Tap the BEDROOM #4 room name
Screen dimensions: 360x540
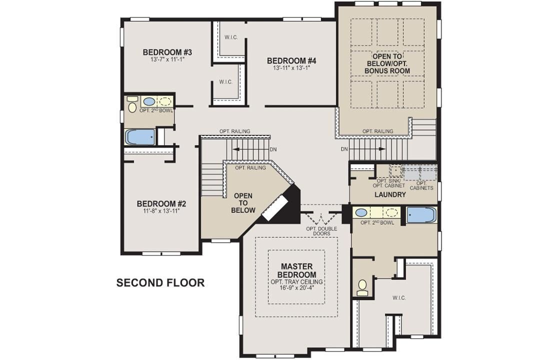(291, 61)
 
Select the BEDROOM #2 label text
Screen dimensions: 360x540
(161, 204)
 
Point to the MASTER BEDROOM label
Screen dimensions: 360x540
(297, 270)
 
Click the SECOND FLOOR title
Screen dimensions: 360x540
(160, 283)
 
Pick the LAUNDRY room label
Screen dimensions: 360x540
(389, 194)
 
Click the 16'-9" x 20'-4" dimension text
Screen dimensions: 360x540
(297, 288)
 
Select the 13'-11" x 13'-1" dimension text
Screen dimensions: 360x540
(291, 68)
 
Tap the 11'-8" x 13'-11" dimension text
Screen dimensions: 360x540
(161, 211)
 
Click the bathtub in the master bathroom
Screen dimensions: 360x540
(421, 215)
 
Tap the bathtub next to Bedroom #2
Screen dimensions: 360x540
(140, 137)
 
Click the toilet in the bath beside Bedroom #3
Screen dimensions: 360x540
(132, 104)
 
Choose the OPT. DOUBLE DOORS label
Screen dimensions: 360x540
(321, 231)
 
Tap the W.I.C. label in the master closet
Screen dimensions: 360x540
(399, 298)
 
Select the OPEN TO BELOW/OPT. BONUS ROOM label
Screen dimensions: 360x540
(390, 63)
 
